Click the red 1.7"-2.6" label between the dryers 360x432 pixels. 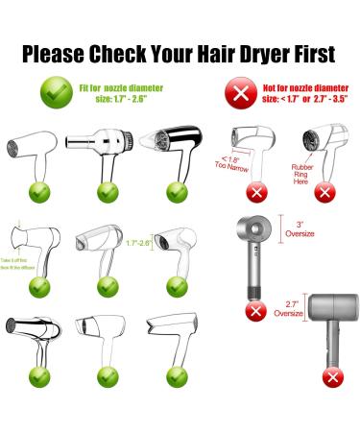(x=139, y=244)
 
